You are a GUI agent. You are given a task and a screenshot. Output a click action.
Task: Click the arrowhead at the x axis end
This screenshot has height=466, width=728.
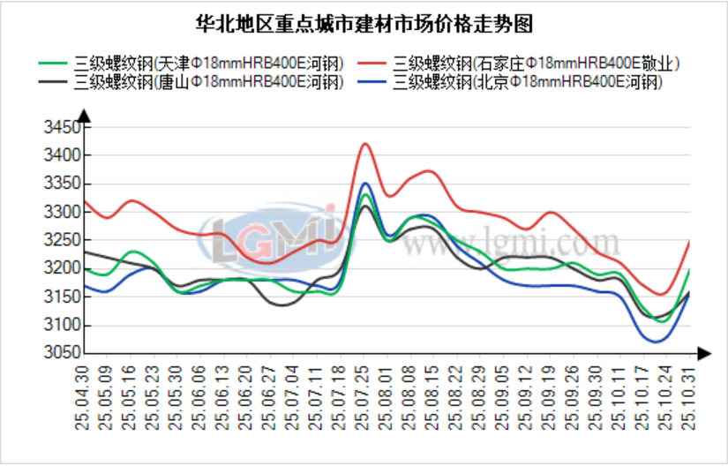(x=702, y=353)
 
